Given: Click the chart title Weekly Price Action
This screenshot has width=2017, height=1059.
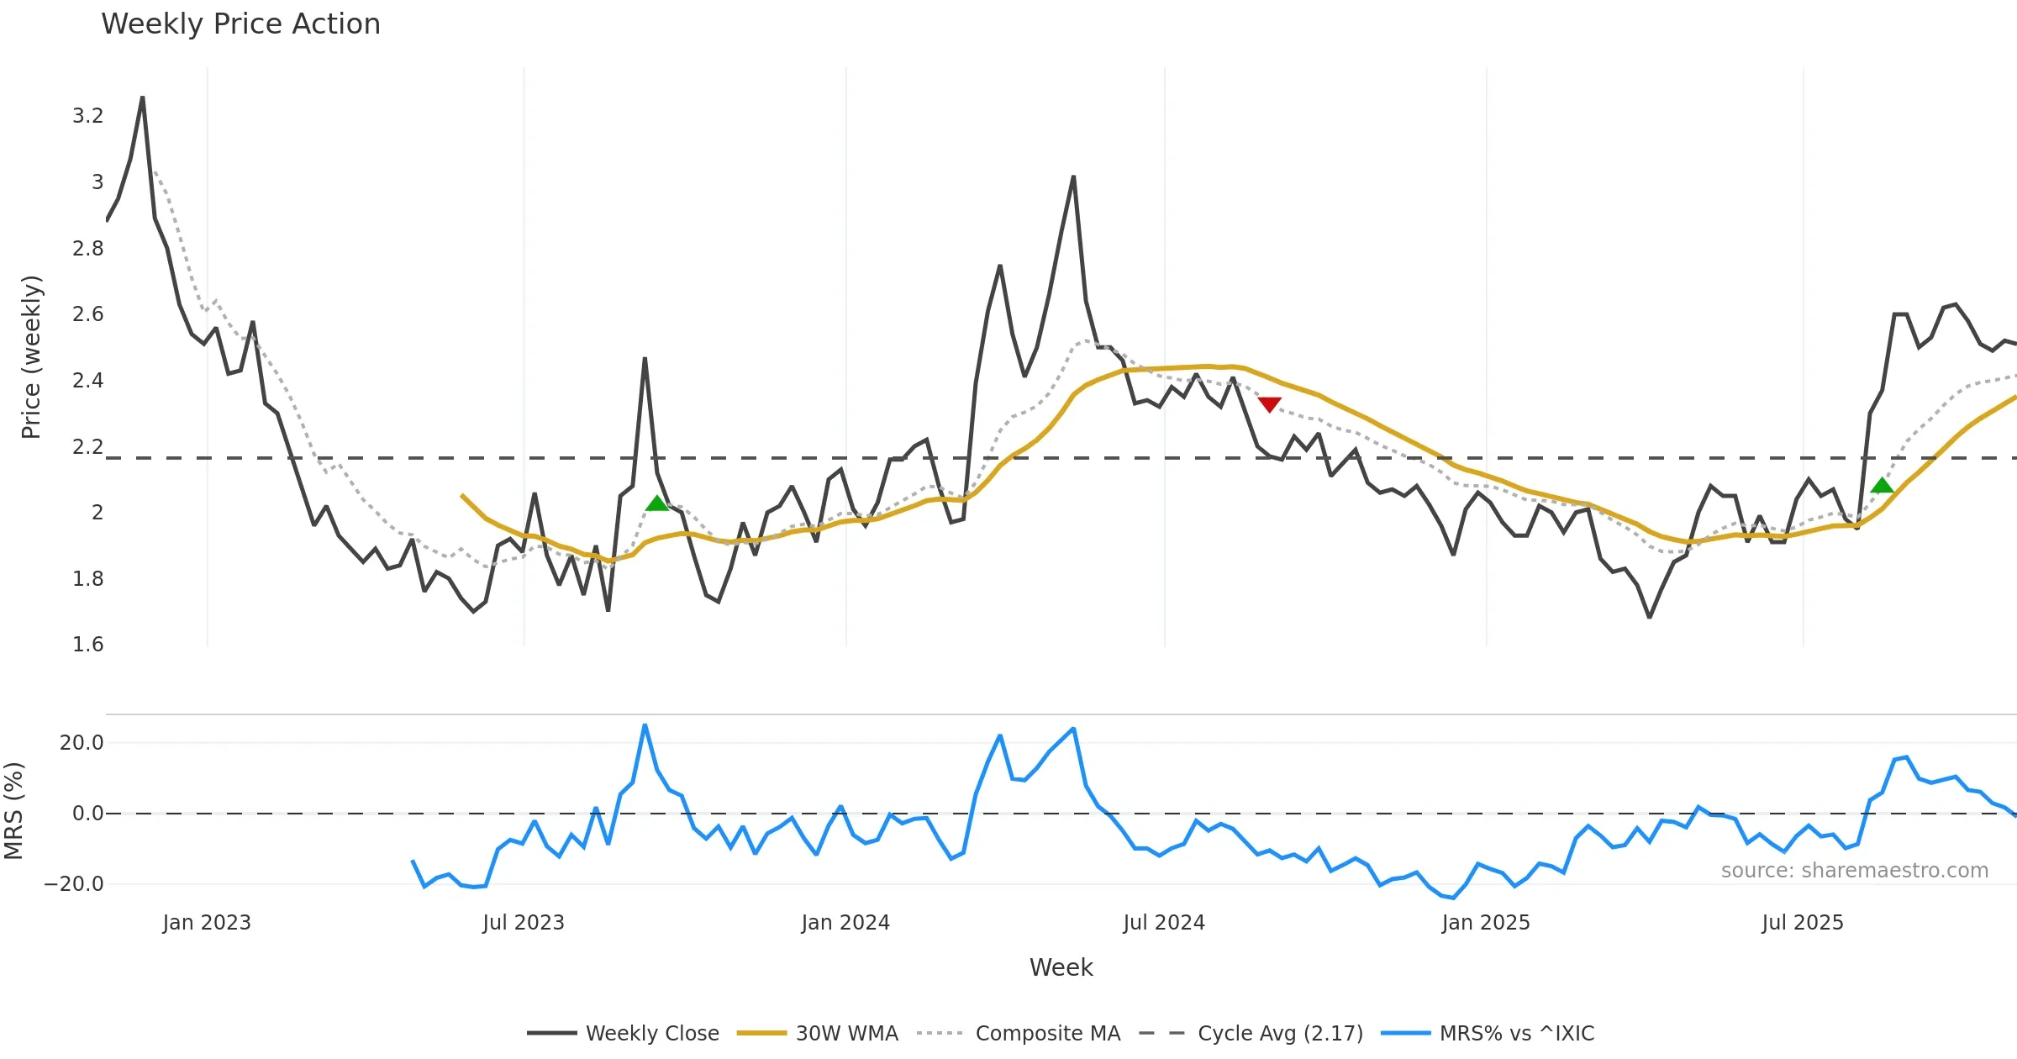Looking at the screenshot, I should [240, 24].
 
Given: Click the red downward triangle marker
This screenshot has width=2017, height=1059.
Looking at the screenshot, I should [1269, 404].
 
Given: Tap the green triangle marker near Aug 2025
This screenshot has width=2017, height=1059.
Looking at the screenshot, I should [1882, 485].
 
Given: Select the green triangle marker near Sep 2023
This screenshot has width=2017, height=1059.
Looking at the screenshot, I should [657, 503].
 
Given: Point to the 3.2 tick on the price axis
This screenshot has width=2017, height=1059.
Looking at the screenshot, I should [87, 116].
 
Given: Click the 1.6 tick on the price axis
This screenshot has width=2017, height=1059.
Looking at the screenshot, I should [87, 645].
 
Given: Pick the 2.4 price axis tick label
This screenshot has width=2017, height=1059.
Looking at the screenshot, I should [87, 381].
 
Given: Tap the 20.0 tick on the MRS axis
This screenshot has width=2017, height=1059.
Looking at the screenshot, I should [82, 743].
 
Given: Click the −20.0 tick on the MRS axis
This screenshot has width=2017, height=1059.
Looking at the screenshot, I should [74, 884].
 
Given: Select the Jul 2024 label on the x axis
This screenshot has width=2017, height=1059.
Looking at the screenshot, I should [1164, 923].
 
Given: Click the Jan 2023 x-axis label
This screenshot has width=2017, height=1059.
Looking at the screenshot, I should [207, 923].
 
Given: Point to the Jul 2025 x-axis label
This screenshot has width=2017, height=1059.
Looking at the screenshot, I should [1803, 923].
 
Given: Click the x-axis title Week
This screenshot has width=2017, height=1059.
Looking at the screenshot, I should [1061, 968].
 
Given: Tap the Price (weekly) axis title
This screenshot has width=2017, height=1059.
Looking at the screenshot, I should [31, 357].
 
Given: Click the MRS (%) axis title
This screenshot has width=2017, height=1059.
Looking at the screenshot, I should [14, 811].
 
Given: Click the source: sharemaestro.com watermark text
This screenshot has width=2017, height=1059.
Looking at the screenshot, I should [1854, 871].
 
